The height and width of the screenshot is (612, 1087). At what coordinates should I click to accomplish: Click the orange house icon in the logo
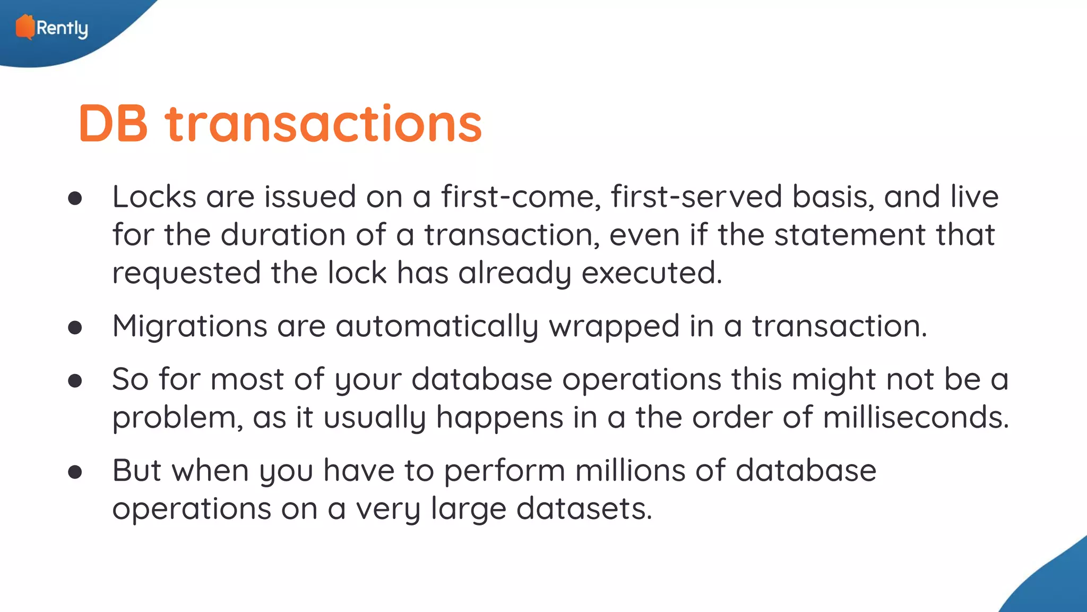pos(24,27)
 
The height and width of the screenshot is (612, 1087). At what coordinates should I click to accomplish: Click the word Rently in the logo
pos(62,28)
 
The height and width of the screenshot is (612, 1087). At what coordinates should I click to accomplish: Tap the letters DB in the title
pos(113,123)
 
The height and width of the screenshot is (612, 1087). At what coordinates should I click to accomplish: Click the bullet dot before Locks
pos(75,198)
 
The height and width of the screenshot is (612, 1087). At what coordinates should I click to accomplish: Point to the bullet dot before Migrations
pos(75,327)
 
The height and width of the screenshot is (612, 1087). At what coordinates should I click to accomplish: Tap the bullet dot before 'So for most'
pos(75,380)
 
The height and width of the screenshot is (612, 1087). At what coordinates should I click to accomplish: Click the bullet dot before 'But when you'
pos(75,472)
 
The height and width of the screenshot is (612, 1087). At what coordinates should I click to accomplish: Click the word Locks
pos(154,197)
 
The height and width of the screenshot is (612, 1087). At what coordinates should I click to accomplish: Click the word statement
pos(850,235)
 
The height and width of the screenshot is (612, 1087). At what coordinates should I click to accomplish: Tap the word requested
pos(186,273)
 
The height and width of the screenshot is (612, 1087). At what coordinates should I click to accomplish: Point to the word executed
pos(652,273)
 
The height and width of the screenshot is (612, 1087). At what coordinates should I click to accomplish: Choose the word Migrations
pos(189,326)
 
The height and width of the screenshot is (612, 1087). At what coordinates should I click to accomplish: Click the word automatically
pos(437,326)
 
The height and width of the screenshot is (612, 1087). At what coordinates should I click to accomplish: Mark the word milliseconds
pos(916,418)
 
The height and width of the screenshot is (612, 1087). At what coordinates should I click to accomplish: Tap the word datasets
pos(584,509)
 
